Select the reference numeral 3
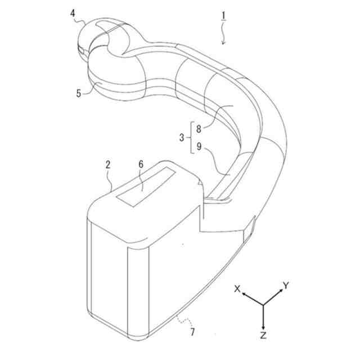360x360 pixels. [x=182, y=137]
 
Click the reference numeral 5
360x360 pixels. [x=79, y=93]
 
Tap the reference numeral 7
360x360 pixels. [x=193, y=332]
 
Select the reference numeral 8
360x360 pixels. [x=199, y=128]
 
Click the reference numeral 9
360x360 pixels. [x=199, y=147]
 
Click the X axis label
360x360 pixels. [x=237, y=288]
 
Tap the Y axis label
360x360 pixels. [x=286, y=286]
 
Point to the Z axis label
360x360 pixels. [x=263, y=335]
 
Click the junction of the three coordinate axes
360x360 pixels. [x=263, y=304]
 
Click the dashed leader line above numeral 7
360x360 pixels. [x=181, y=321]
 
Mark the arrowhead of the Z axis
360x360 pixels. [x=263, y=326]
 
